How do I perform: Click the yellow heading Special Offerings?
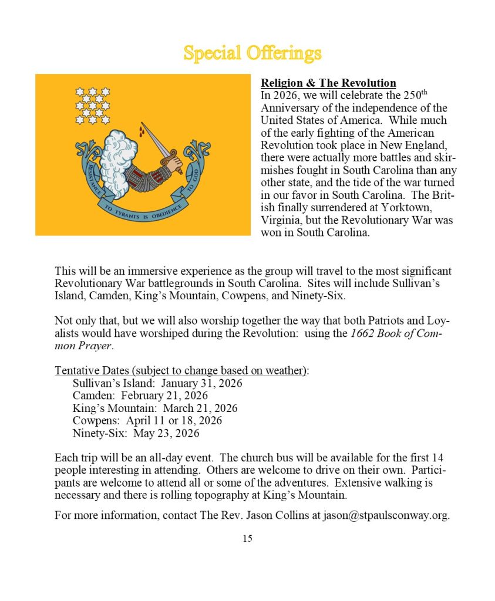tap(252, 53)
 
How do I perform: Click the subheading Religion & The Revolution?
tap(328, 83)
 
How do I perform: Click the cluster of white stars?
tap(93, 106)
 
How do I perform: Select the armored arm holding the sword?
tap(147, 176)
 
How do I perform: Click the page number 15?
tap(247, 538)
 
